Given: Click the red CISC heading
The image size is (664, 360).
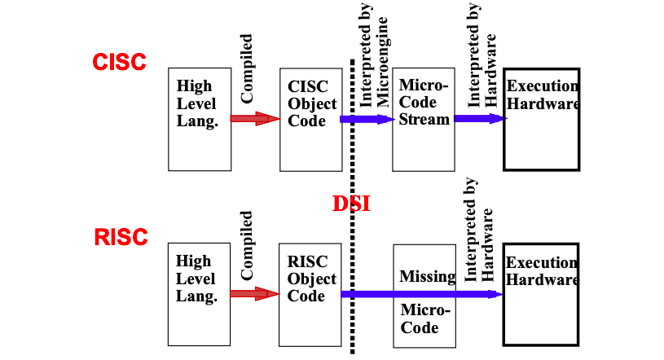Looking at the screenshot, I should (x=119, y=62).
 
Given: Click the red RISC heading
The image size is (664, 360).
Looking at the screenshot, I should (x=121, y=238).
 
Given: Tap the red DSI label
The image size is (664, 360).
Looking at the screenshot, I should (x=351, y=204).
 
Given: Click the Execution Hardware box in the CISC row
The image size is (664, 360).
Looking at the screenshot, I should (x=541, y=119).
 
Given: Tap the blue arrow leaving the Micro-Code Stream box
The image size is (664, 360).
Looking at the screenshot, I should (x=480, y=118).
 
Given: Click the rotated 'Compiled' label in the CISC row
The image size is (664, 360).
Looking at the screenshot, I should (x=247, y=68).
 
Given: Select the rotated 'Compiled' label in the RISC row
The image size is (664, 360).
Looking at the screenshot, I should (x=247, y=245).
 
